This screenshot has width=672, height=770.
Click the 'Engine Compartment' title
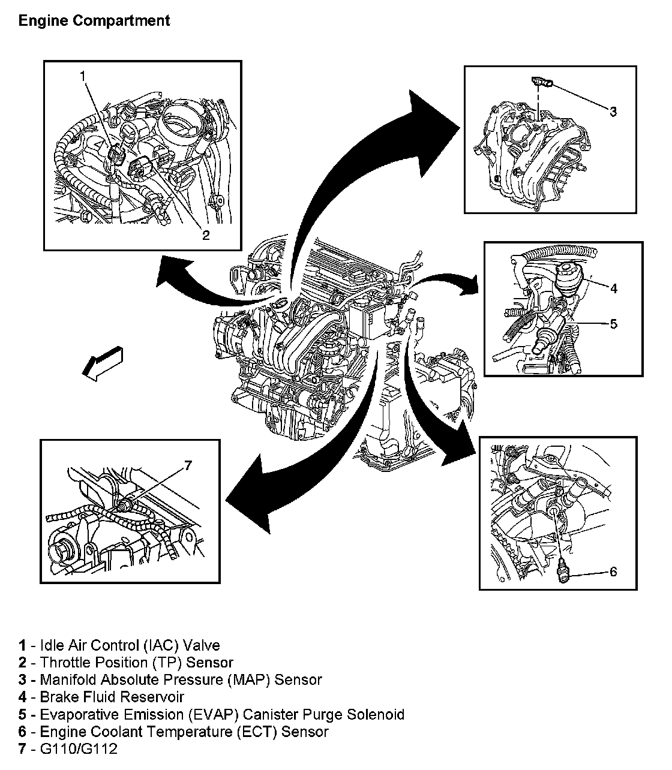pyautogui.click(x=94, y=21)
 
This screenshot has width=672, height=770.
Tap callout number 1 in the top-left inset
pyautogui.click(x=83, y=75)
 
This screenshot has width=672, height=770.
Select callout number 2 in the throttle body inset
pyautogui.click(x=206, y=234)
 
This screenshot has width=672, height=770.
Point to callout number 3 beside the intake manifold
pyautogui.click(x=613, y=112)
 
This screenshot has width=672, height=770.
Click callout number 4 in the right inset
pyautogui.click(x=613, y=288)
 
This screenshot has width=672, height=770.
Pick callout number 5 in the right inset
pyautogui.click(x=613, y=324)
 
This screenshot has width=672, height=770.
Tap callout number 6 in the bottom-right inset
pyautogui.click(x=613, y=572)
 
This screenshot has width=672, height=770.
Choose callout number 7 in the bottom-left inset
pyautogui.click(x=188, y=465)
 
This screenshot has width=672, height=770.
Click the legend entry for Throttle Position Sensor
pyautogui.click(x=125, y=663)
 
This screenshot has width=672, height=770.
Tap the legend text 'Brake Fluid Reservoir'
pyautogui.click(x=112, y=697)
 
